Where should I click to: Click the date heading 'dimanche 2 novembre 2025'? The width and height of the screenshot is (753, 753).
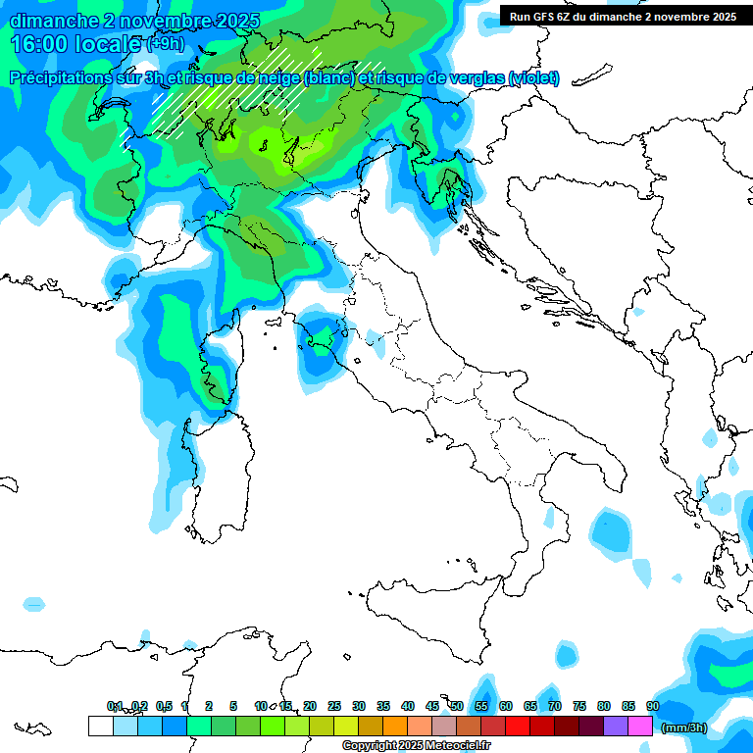point(135,21)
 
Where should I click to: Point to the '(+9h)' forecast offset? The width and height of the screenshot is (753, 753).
point(163,44)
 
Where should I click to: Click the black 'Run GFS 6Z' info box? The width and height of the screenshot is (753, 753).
point(623,16)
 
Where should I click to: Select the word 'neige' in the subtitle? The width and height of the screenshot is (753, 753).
point(277,78)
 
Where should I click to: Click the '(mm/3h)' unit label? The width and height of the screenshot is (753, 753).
point(683,728)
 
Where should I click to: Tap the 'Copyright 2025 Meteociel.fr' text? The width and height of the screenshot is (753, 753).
point(417,746)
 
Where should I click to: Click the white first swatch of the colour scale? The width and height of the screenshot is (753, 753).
point(100,727)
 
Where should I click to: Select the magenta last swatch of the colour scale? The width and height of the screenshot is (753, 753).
point(640,727)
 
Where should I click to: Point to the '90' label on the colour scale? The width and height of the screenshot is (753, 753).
point(653,706)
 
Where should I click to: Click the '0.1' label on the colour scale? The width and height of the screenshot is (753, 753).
point(115,706)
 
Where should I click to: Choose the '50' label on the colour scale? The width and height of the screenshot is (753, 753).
point(457,706)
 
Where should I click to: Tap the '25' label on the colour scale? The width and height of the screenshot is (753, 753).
point(334,706)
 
